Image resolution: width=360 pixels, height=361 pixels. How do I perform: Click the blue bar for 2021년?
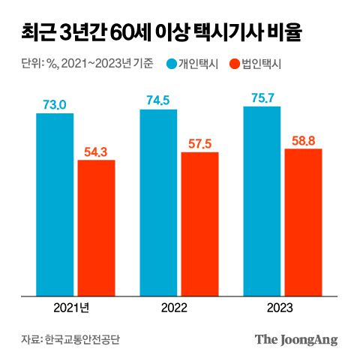pos(55,204)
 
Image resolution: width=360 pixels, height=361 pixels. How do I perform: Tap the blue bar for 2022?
pos(158,202)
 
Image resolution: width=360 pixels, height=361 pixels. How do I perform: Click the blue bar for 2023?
pos(262,200)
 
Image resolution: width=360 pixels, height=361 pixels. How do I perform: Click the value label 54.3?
pos(96,151)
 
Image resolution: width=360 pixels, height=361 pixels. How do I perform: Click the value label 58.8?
pos(303,140)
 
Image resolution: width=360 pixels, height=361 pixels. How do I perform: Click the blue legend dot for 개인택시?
pos(172,65)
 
